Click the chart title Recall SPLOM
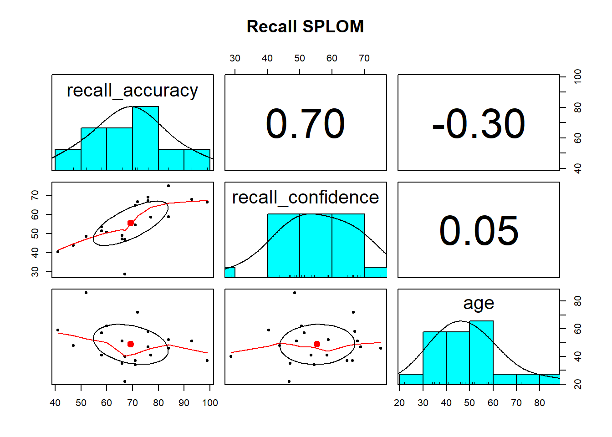tap(305, 26)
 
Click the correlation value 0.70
tap(305, 123)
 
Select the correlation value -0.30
tap(479, 123)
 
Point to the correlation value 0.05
tap(479, 231)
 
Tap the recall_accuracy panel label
tap(133, 91)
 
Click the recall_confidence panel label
tap(306, 198)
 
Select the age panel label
tap(479, 303)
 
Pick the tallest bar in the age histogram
tap(481, 353)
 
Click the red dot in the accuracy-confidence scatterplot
tap(131, 223)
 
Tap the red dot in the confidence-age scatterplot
tap(317, 344)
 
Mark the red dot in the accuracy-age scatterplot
tap(131, 344)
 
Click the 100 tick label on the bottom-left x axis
tap(210, 403)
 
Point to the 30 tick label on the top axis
tap(235, 58)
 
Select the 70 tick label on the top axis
tap(364, 58)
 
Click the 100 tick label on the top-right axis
tap(577, 76)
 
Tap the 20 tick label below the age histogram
tap(399, 403)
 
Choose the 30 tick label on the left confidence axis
tap(35, 272)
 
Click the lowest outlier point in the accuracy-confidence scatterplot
tap(125, 274)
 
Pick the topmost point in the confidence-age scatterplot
tap(295, 293)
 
